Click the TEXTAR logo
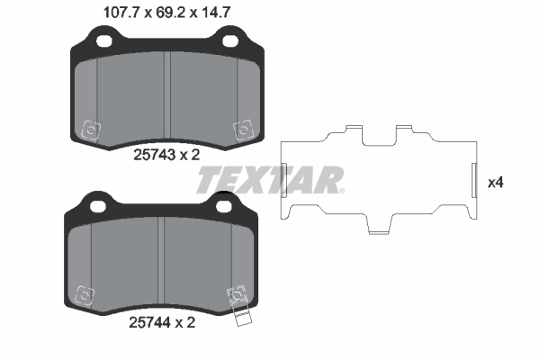click(269, 179)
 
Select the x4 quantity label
click(494, 182)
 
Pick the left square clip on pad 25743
click(90, 130)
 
